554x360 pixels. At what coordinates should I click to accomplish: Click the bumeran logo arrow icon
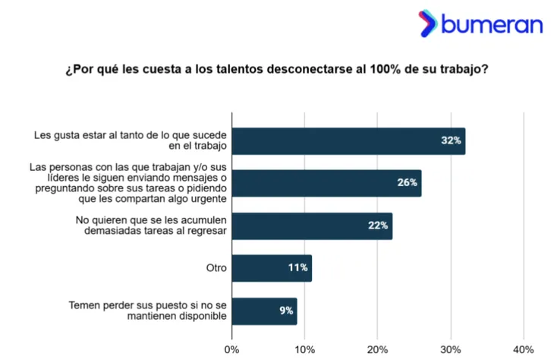[427, 24]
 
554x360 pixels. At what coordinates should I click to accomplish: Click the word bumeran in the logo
[493, 24]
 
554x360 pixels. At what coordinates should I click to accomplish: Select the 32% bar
[348, 141]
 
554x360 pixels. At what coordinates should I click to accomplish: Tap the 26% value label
[408, 183]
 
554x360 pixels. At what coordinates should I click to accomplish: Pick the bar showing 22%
[312, 226]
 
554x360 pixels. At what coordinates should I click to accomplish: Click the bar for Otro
[272, 268]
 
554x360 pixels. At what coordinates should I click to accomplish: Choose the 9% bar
[264, 311]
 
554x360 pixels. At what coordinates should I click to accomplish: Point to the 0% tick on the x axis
[232, 349]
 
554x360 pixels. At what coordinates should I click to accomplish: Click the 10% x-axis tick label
[304, 349]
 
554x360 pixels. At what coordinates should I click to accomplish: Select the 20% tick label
[377, 349]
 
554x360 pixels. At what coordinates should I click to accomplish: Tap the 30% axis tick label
[451, 349]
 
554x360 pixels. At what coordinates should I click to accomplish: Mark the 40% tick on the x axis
[524, 349]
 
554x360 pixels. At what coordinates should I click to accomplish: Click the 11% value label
[297, 268]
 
